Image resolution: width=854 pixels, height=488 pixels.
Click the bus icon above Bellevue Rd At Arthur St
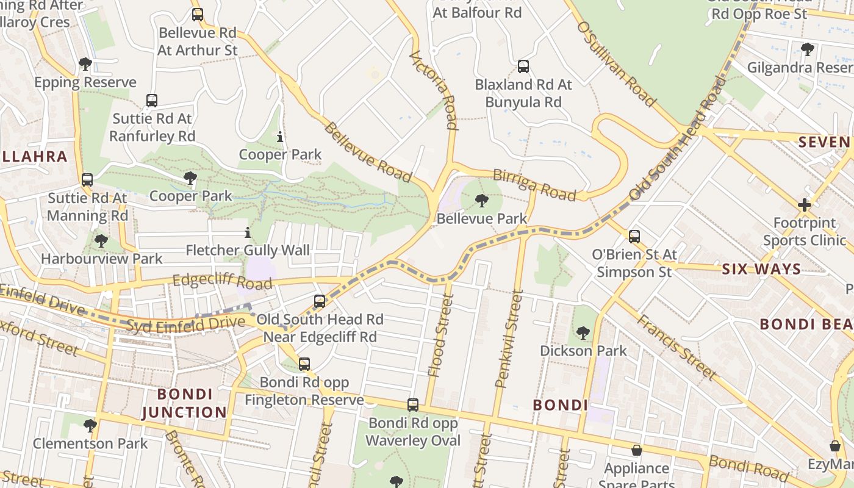[197, 14]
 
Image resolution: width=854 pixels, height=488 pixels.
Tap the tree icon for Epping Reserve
[85, 64]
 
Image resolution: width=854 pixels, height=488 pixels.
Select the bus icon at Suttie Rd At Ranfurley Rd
[152, 101]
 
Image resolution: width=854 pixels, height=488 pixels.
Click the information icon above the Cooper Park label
[280, 137]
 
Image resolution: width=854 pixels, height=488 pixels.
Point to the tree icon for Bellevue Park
[482, 200]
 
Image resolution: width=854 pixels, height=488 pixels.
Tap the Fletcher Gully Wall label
[248, 250]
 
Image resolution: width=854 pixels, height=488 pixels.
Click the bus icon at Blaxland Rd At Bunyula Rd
[523, 66]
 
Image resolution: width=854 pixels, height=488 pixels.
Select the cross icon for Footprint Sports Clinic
[805, 205]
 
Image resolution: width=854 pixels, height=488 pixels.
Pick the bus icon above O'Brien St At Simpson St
[634, 236]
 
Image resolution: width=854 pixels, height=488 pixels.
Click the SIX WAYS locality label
[761, 269]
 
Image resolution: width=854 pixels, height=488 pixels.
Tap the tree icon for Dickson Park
[583, 333]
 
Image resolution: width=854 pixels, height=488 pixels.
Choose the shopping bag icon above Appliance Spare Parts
[637, 450]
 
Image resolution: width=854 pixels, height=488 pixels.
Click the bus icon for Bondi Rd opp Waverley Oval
[413, 405]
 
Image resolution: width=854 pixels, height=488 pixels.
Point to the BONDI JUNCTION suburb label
[184, 403]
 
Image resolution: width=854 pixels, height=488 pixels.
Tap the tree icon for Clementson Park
[90, 425]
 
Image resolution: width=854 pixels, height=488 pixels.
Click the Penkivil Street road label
[510, 339]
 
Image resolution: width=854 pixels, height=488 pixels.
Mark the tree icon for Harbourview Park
[101, 241]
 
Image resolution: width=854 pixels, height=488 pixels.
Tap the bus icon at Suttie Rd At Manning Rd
[87, 180]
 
